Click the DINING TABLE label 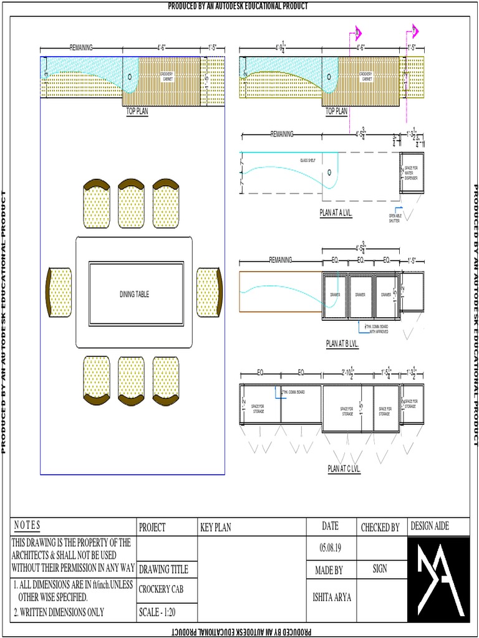134,294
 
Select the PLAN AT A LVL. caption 336,212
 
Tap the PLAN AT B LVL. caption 342,343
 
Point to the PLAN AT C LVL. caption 344,469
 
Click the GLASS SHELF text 308,160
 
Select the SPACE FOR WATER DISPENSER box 412,173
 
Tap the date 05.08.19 330,548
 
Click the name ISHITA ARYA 331,597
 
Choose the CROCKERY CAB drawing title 160,589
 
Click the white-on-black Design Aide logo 437,579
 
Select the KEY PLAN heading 215,527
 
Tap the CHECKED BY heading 380,528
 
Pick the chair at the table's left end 59,292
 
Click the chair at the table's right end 209,292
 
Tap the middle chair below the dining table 132,378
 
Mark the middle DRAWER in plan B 360,295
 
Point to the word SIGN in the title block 379,568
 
